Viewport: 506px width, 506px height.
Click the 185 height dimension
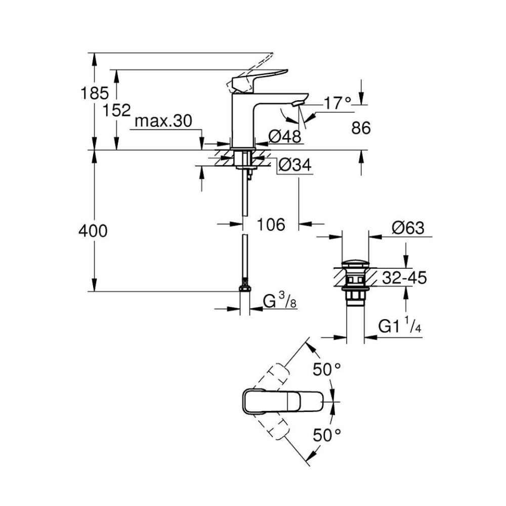click(95, 93)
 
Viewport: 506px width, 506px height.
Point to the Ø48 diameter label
click(284, 136)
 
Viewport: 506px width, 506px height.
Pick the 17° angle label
click(337, 103)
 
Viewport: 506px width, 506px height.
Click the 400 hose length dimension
click(93, 231)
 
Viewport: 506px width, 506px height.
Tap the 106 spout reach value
click(271, 224)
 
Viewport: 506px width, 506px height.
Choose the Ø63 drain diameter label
click(407, 229)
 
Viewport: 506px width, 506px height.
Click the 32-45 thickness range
click(404, 277)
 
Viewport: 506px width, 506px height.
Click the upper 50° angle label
click(326, 370)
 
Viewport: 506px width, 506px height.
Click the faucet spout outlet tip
click(297, 103)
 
